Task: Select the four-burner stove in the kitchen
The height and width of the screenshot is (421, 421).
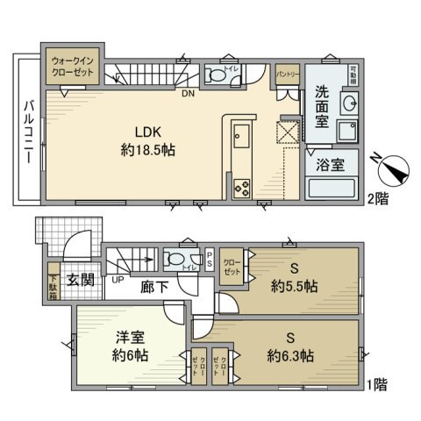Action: click(x=242, y=187)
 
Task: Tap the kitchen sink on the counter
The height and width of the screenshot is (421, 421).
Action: click(x=242, y=138)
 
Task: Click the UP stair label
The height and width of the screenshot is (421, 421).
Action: click(x=116, y=281)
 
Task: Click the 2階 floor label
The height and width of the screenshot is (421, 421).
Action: click(x=379, y=200)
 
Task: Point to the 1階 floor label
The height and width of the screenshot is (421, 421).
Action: click(x=379, y=384)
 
